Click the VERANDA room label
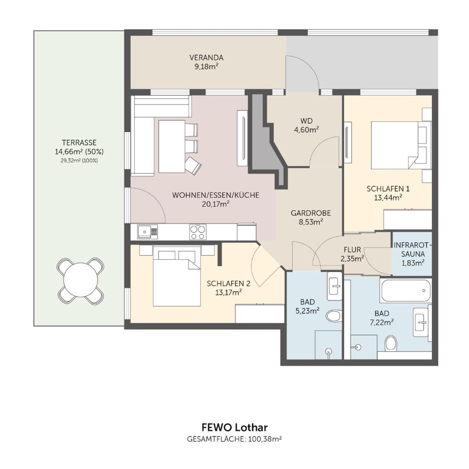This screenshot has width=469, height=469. click(207, 57)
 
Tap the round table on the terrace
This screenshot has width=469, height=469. click(81, 280)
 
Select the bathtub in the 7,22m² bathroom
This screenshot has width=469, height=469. click(406, 290)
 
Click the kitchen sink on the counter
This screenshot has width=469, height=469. click(147, 231)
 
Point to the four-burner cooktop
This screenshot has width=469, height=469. click(198, 232)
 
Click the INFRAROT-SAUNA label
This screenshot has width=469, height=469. click(413, 250)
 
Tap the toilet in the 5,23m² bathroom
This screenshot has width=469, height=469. click(333, 316)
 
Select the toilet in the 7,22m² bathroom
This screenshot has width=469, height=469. click(391, 343)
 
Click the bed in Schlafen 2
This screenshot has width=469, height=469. click(176, 276)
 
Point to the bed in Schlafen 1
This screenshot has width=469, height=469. click(394, 145)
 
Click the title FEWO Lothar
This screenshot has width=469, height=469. click(234, 427)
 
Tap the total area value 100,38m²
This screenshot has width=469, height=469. click(265, 439)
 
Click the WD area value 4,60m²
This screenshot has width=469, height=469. click(306, 130)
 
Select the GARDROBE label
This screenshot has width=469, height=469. click(311, 213)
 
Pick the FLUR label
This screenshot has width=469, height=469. click(352, 250)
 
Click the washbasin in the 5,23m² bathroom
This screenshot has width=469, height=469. click(334, 286)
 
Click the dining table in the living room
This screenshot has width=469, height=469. click(172, 146)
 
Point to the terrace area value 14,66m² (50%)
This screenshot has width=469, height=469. click(79, 152)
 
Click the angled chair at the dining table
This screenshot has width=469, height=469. click(193, 166)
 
